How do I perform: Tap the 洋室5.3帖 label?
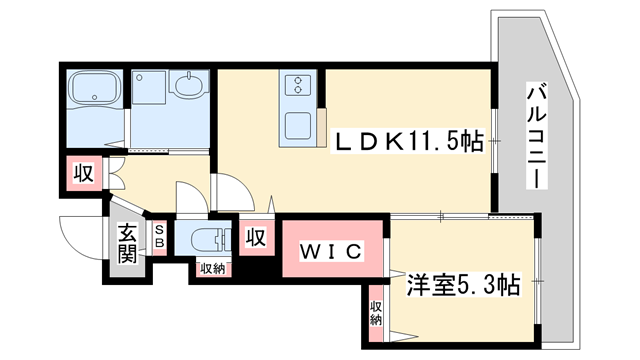[x=463, y=284]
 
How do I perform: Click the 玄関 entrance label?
[x=127, y=243]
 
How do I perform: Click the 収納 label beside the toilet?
[x=212, y=267]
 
